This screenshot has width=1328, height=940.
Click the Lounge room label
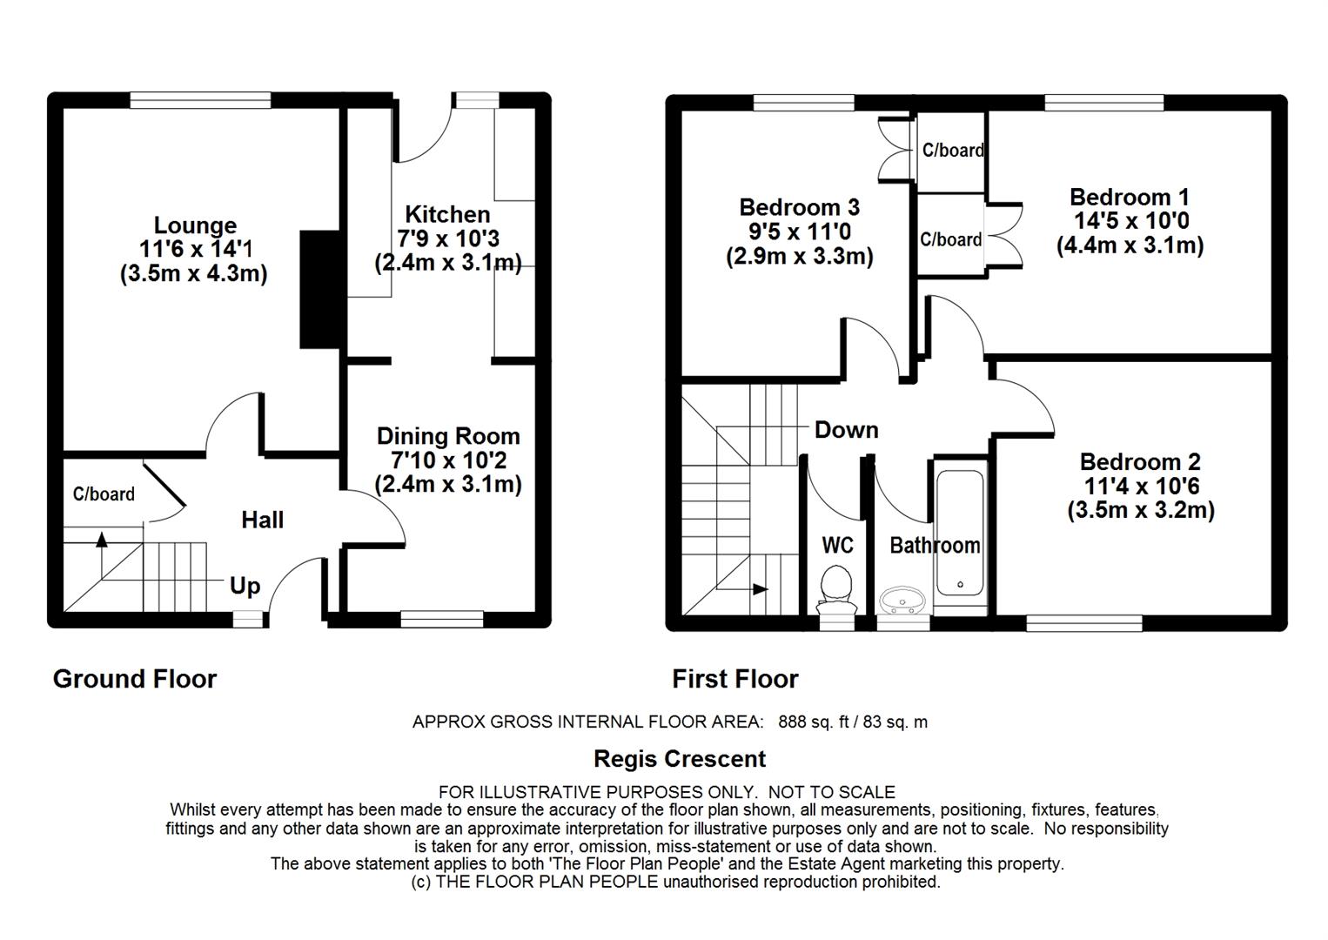point(195,225)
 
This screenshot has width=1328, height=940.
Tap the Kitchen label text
point(447,214)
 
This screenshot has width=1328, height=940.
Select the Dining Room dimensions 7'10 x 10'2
point(449,460)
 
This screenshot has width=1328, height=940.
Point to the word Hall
point(262,520)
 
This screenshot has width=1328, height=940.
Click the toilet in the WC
point(836,589)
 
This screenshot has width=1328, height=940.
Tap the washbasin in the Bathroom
point(902,601)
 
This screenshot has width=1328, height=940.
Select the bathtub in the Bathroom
point(960,533)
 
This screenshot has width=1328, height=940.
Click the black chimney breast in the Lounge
point(319,290)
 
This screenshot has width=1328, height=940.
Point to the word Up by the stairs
point(245,586)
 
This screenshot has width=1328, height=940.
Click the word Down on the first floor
point(846,430)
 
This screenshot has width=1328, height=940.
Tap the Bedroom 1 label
point(1130,197)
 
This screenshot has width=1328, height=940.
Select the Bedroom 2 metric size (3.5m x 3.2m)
point(1141,510)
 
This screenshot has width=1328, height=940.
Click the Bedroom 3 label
point(799,207)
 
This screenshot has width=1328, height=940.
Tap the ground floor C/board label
point(104,494)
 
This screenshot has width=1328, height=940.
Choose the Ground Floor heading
point(135,679)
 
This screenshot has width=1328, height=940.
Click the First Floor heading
point(735,679)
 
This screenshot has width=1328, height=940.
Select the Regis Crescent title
point(680,759)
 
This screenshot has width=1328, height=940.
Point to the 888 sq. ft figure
point(814,722)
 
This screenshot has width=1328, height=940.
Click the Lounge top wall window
point(200,100)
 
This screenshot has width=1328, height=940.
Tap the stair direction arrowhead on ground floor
point(102,539)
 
